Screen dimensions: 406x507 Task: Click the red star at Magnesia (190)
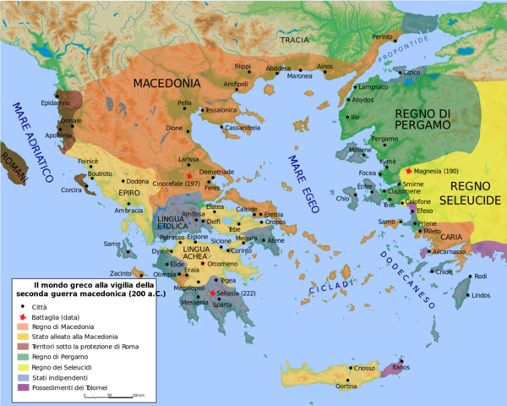click(x=409, y=171)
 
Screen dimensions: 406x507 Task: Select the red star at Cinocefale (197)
click(x=202, y=174)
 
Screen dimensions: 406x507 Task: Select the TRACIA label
click(x=295, y=39)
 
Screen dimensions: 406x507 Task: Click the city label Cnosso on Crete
click(x=364, y=368)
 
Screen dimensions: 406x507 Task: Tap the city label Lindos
click(x=480, y=295)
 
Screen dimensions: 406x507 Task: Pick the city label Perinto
click(x=382, y=37)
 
